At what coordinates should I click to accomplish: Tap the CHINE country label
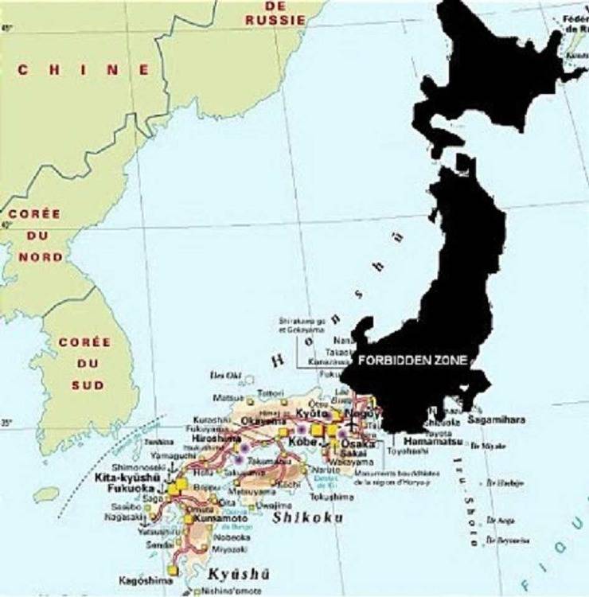(x=84, y=70)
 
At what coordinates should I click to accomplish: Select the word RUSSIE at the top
(x=275, y=19)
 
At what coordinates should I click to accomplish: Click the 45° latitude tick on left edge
(x=7, y=29)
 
